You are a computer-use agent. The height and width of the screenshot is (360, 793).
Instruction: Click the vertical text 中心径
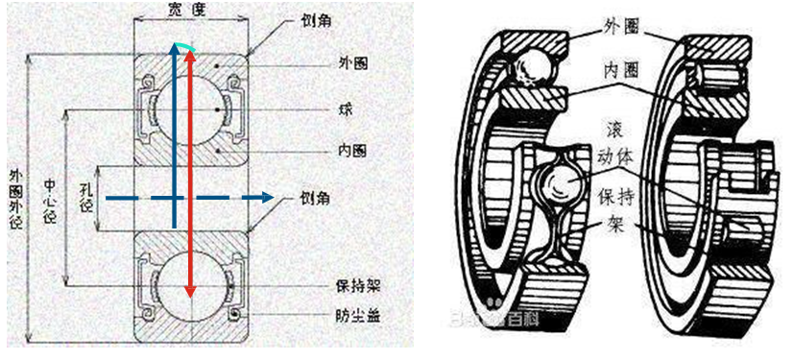tap(50, 202)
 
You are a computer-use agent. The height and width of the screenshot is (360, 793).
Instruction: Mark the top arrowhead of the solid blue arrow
tap(174, 47)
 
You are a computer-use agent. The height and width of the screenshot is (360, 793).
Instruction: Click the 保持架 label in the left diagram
tap(354, 285)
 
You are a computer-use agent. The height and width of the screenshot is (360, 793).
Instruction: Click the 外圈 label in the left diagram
tap(354, 63)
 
